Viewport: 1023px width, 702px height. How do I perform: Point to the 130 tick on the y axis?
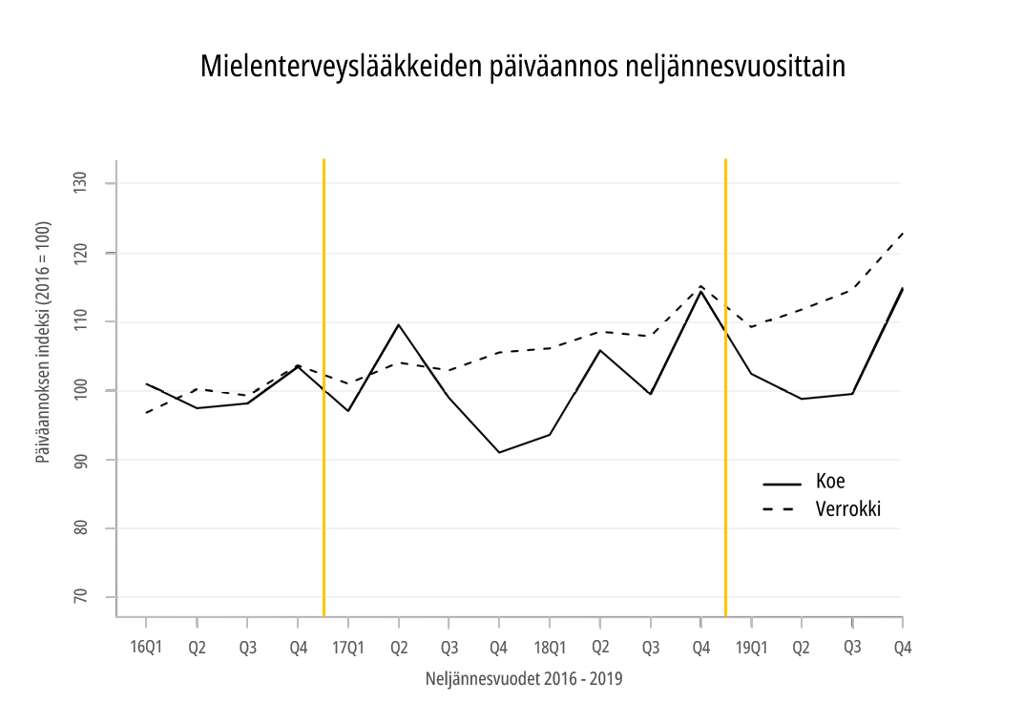(x=80, y=183)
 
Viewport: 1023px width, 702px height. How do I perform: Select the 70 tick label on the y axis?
(x=80, y=597)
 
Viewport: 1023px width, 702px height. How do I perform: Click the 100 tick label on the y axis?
(x=80, y=390)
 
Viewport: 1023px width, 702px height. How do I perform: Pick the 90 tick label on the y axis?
(x=80, y=460)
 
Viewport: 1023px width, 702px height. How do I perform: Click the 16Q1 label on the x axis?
(x=146, y=648)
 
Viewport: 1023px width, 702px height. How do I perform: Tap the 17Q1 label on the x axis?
(x=348, y=648)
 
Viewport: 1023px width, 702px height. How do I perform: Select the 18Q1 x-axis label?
(x=550, y=648)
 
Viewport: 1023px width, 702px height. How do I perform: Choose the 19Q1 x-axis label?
(x=752, y=648)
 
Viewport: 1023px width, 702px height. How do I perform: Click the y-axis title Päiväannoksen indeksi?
(x=43, y=342)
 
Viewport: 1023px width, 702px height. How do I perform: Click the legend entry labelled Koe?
(x=830, y=482)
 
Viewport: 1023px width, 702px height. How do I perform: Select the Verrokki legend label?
(x=847, y=509)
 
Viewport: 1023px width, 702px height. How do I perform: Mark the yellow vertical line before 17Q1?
(x=324, y=382)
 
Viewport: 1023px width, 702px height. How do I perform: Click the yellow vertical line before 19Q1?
(x=726, y=382)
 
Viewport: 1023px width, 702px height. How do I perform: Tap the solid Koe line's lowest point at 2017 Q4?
(x=499, y=452)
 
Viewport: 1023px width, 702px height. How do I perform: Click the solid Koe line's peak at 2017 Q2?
(x=398, y=324)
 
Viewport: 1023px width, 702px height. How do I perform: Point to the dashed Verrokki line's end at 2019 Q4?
(x=902, y=233)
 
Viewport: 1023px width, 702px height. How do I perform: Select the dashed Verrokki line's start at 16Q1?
(x=147, y=412)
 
